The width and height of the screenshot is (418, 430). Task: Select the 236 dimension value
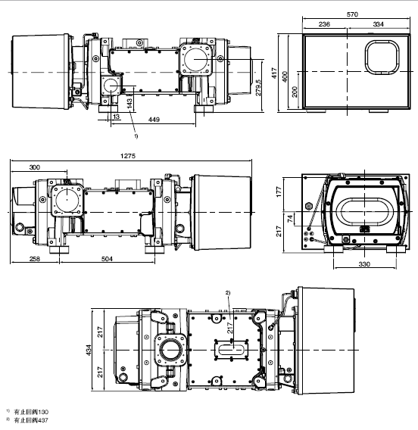(x=324, y=24)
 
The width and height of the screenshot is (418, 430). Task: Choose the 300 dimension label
(x=35, y=167)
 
